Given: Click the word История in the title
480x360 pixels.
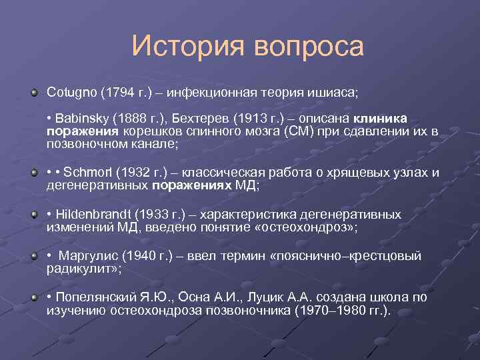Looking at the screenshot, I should tap(188, 47).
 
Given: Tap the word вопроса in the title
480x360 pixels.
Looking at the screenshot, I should tap(309, 47).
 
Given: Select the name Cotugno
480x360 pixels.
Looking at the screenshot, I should tap(71, 90).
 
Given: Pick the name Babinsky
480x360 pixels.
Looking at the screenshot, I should tap(81, 118).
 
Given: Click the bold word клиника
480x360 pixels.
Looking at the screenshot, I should tap(385, 118).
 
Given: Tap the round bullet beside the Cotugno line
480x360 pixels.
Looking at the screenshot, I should tap(33, 90).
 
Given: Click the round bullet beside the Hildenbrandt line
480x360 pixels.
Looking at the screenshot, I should tap(33, 215).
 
